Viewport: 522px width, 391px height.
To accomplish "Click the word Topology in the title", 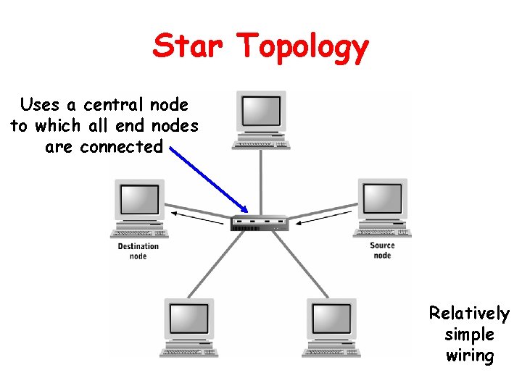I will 303,48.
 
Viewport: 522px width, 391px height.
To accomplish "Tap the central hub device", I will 260,223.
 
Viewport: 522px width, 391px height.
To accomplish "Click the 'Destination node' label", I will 138,251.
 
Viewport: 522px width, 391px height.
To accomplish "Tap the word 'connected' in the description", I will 122,147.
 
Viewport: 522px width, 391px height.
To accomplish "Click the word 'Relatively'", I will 469,314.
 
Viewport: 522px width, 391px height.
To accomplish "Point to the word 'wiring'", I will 469,356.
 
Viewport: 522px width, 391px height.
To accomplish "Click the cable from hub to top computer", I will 261,181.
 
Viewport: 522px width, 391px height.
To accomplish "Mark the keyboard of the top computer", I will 261,145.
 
